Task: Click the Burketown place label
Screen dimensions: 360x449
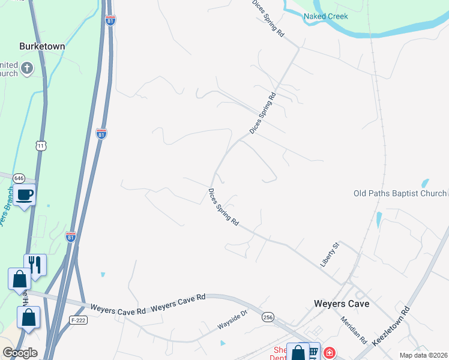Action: (42, 46)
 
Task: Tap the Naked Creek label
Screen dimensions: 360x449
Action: (326, 16)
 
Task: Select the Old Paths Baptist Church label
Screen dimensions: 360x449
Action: (400, 193)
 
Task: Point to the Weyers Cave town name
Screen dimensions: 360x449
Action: (342, 304)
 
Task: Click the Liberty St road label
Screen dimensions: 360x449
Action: (330, 253)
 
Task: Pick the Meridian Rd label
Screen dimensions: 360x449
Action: (354, 330)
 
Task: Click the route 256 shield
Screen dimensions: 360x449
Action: (268, 316)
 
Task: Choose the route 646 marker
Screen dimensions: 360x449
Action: (19, 178)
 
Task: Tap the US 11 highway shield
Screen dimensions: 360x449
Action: (41, 146)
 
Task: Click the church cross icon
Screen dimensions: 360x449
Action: (26, 68)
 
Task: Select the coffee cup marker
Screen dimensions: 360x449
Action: (25, 195)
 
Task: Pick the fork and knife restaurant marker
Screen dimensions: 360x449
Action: (35, 264)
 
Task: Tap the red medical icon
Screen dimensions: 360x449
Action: (329, 352)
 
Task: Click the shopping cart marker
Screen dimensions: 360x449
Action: (312, 351)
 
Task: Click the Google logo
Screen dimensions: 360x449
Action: (20, 353)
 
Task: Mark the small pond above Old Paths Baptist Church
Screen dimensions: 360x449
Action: (426, 182)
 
